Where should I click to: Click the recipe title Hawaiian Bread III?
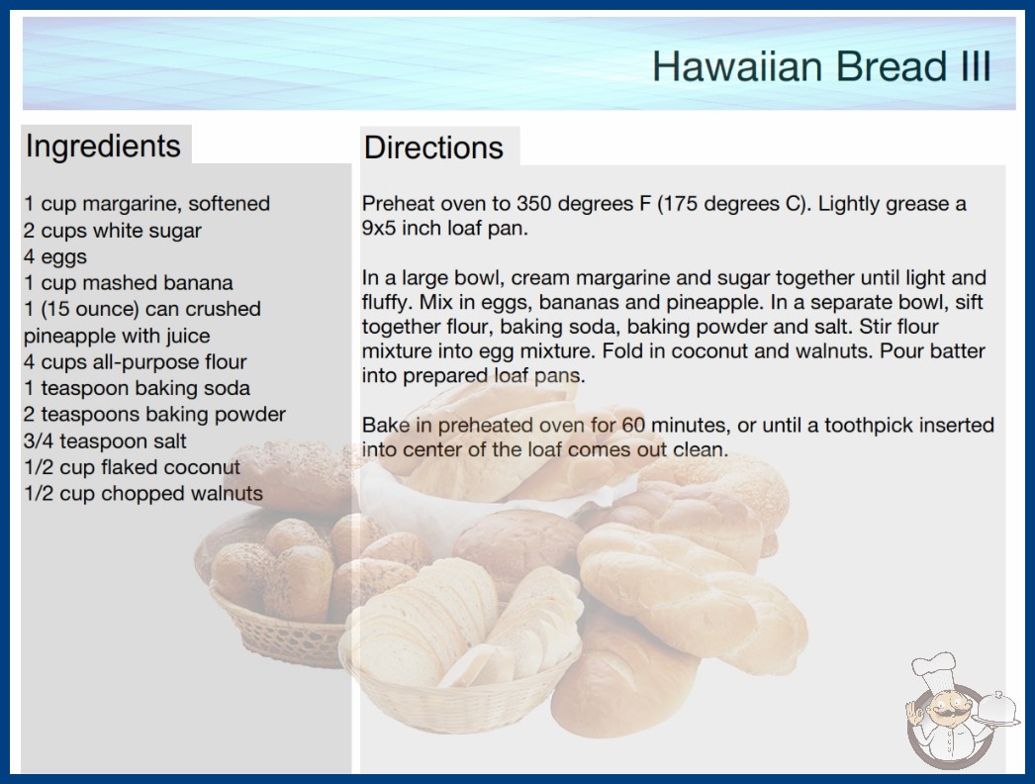[x=821, y=66]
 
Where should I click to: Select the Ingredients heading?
[x=103, y=147]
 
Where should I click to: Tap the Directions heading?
[x=433, y=147]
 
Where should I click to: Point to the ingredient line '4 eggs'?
[x=55, y=257]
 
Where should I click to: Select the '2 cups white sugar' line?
[x=112, y=231]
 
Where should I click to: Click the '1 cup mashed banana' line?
[x=128, y=283]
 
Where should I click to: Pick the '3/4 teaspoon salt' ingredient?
[x=105, y=441]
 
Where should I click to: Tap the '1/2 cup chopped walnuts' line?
[x=143, y=494]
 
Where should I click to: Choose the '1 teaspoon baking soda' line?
[x=137, y=388]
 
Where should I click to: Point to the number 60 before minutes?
[x=633, y=426]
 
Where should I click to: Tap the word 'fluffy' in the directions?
[x=386, y=303]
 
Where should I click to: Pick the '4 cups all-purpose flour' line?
[x=136, y=362]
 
